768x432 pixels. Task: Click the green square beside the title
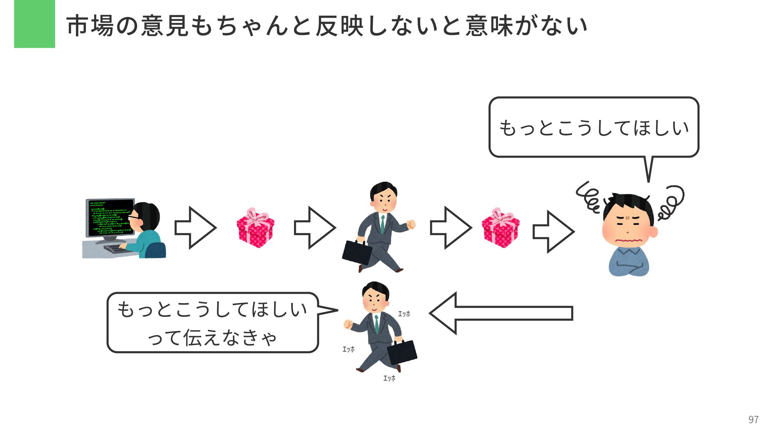click(34, 24)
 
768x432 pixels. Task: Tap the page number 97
click(753, 419)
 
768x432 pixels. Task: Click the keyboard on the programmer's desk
click(116, 249)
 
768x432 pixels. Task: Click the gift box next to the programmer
click(255, 228)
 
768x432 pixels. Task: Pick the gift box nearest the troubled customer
click(500, 228)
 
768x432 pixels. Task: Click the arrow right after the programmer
click(195, 228)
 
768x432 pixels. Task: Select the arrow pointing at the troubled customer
click(554, 232)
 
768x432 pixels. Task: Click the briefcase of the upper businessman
click(357, 252)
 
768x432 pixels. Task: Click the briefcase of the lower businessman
click(402, 352)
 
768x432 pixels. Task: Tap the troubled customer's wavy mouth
click(628, 240)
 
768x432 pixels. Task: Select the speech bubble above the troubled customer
click(594, 127)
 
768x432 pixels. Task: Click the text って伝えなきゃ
click(212, 338)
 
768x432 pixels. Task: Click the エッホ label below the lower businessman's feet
click(389, 378)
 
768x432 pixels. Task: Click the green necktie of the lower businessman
click(376, 324)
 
